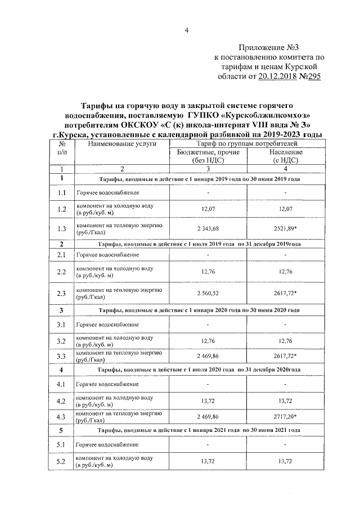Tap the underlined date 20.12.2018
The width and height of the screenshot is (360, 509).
tap(280, 77)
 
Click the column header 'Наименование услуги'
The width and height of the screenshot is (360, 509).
tap(118, 145)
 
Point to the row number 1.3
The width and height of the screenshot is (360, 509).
tap(62, 228)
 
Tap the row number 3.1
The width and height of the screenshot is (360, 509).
tap(62, 325)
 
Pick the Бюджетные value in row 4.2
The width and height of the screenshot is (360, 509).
tap(208, 400)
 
